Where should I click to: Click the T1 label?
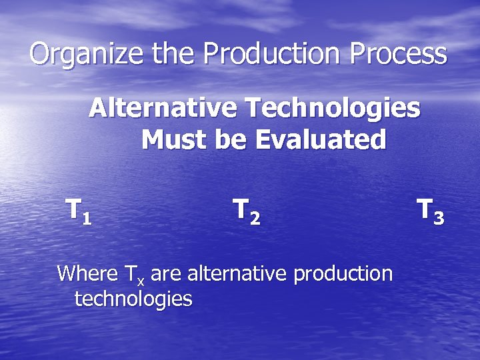79,211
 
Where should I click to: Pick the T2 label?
246,211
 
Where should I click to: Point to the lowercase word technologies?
133,299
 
